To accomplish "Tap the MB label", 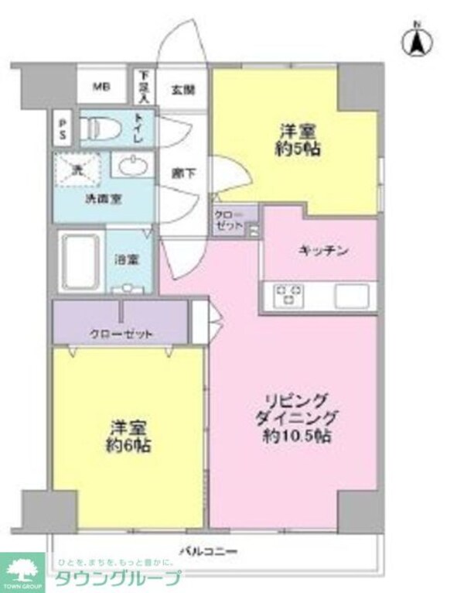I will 102,86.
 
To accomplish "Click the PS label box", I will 62,128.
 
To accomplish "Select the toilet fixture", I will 101,127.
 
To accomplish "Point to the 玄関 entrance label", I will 184,88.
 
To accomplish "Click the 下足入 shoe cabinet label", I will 144,85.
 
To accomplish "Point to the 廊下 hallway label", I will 184,173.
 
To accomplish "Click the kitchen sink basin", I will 353,294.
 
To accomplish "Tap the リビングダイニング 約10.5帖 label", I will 298,418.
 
